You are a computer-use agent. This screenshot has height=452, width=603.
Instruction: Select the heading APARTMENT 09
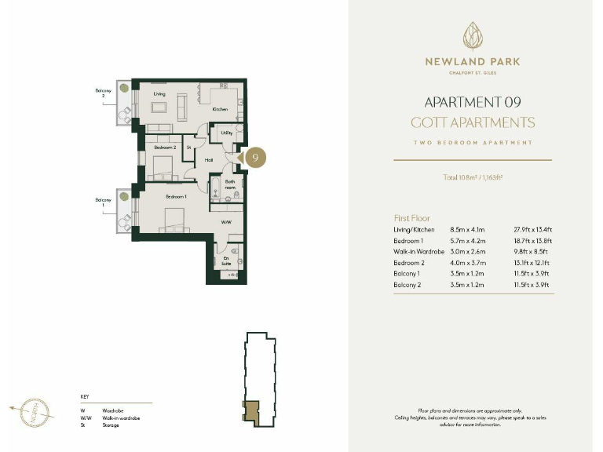pos(472,102)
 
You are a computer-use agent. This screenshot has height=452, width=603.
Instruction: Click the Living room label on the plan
pos(158,93)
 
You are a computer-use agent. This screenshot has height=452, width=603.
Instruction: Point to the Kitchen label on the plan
pos(220,109)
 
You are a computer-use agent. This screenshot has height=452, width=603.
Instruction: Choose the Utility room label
pos(226,133)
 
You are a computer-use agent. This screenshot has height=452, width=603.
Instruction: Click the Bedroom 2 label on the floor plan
pos(165,148)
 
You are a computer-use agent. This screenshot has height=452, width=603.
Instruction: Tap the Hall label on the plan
pos(209,160)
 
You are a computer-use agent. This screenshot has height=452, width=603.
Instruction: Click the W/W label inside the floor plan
pos(225,222)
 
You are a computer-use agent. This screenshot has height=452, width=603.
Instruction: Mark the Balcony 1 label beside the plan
pos(103,202)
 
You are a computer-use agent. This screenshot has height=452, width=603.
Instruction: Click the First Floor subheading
pos(411,217)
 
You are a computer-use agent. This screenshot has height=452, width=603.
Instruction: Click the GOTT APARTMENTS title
pos(472,123)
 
